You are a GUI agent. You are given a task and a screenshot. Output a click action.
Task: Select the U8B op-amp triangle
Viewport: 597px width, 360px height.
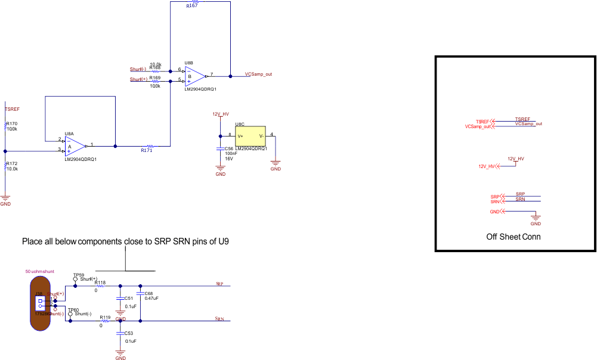click(194, 76)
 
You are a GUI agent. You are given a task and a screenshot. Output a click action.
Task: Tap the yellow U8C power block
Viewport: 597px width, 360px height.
click(250, 136)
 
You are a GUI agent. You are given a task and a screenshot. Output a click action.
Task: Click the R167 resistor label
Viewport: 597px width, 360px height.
click(191, 5)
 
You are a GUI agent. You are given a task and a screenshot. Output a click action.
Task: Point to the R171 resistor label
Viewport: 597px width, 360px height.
click(146, 151)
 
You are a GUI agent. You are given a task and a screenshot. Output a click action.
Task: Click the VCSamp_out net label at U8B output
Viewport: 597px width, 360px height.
click(258, 75)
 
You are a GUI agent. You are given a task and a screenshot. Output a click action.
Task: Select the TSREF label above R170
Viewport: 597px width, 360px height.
click(12, 109)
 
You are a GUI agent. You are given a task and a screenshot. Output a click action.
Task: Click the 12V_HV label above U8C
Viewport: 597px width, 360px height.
click(221, 113)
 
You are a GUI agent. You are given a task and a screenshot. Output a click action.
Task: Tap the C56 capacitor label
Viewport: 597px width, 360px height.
click(229, 148)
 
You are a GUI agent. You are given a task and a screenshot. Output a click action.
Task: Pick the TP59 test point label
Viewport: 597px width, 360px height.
click(78, 275)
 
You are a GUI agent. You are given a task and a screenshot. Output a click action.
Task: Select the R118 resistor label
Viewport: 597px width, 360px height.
click(100, 283)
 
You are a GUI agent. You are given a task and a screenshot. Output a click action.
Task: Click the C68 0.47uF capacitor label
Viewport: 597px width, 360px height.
click(149, 293)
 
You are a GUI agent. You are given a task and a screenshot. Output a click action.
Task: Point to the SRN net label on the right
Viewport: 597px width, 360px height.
click(219, 319)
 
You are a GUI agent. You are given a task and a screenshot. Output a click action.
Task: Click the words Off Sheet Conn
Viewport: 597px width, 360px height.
click(513, 237)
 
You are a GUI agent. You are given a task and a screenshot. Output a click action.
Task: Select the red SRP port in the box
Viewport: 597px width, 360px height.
click(495, 197)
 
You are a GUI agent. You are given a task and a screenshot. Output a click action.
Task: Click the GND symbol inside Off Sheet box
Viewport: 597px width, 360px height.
click(536, 219)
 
